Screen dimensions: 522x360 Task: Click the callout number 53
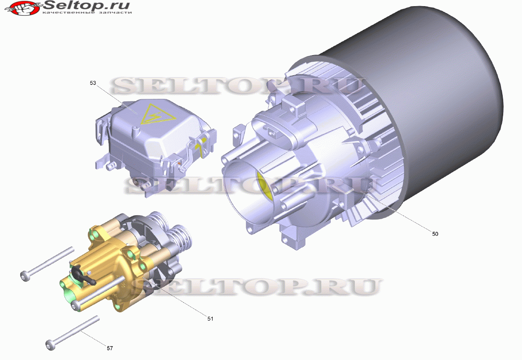(93, 83)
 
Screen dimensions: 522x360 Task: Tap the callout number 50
(435, 234)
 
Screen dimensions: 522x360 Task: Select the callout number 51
(210, 319)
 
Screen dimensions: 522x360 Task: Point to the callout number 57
(110, 348)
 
